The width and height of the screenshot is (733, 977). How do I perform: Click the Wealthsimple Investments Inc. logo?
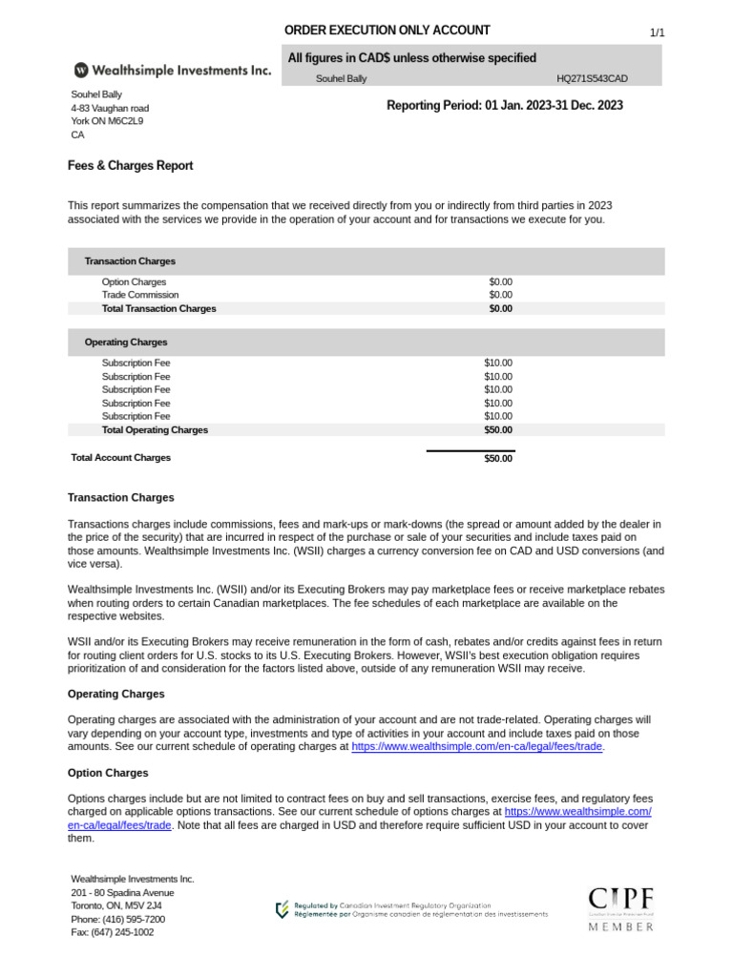point(172,70)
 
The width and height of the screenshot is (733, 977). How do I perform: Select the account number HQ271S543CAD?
point(592,79)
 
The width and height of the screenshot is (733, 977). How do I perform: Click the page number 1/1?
point(657,33)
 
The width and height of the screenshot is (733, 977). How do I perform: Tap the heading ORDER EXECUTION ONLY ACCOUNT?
point(387,31)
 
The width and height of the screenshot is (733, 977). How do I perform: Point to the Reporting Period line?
point(504,106)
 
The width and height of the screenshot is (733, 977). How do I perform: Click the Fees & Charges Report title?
point(130,166)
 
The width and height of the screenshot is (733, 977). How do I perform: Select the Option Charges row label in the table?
point(134,282)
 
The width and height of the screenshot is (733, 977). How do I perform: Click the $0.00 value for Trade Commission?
point(500,295)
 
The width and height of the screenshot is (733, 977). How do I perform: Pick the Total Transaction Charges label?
point(158,308)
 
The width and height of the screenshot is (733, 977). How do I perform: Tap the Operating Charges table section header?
point(126,342)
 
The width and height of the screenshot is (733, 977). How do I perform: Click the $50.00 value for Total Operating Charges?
point(497,429)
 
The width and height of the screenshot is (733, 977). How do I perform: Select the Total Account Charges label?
point(121,458)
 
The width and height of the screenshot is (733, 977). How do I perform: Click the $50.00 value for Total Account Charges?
point(497,459)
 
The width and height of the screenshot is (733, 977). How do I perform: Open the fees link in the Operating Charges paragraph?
point(477,747)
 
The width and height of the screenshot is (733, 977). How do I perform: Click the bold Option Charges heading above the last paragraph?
point(108,773)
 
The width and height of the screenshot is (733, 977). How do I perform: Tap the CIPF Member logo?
point(620,908)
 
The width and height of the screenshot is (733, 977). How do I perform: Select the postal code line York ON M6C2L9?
point(107,121)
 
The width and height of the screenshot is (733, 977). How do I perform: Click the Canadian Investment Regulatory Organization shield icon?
point(282,909)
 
